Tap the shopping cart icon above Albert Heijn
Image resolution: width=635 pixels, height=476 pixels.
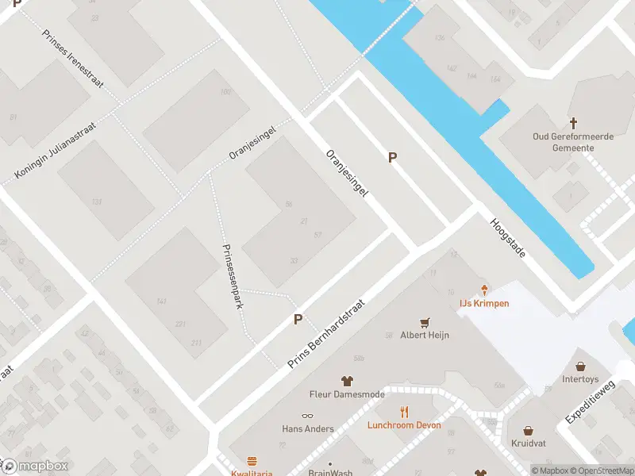(426, 322)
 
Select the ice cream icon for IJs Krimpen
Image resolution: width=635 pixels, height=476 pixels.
(484, 290)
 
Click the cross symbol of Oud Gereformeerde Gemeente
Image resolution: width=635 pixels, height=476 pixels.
(573, 123)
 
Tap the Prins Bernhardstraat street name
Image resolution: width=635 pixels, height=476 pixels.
(325, 333)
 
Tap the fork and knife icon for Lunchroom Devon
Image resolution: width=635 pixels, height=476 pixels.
(404, 412)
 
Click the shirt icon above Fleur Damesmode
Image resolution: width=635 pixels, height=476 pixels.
(346, 381)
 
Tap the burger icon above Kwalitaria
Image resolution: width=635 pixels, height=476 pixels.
(252, 461)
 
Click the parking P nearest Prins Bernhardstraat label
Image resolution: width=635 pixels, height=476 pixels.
(298, 319)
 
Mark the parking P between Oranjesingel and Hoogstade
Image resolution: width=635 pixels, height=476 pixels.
(392, 158)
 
